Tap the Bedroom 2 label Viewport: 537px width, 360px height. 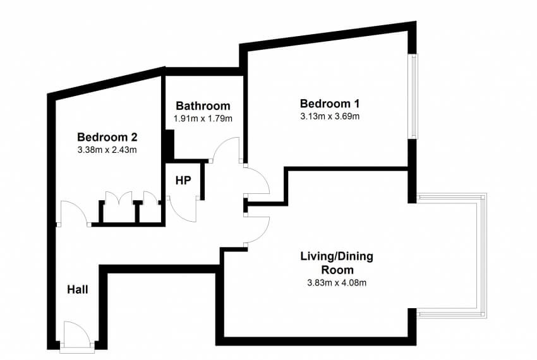(107, 137)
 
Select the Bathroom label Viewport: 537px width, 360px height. (203, 105)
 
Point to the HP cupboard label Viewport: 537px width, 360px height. (183, 181)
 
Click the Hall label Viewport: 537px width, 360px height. (78, 290)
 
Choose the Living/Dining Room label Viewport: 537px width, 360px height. (336, 263)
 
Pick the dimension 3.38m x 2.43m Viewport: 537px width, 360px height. (107, 150)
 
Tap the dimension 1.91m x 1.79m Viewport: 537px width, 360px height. (203, 118)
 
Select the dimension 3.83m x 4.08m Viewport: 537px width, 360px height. (337, 282)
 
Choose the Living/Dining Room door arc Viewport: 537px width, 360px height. (258, 227)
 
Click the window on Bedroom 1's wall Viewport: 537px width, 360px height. (413, 96)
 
